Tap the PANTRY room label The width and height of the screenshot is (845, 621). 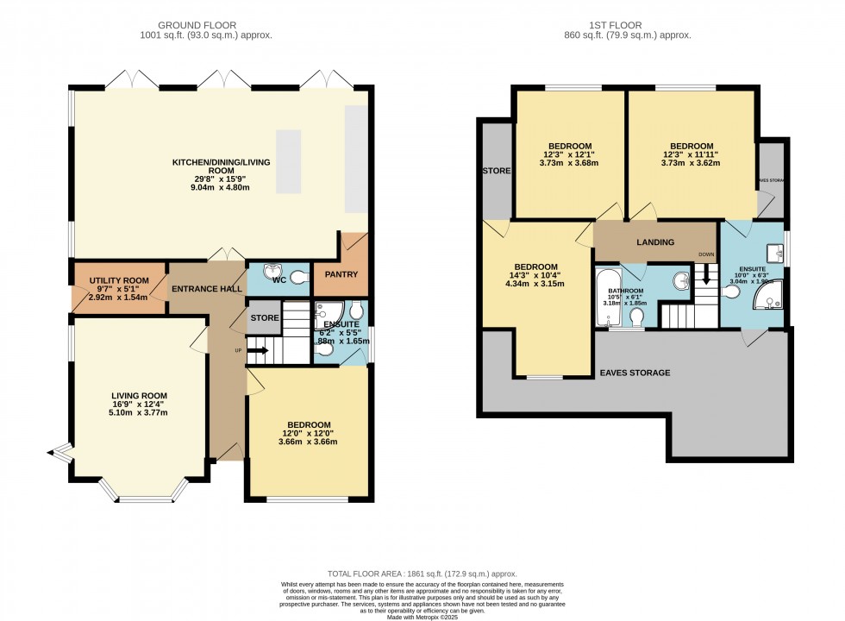coord(341,274)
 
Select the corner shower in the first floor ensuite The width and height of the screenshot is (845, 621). coord(767,298)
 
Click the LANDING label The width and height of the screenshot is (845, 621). coord(656,242)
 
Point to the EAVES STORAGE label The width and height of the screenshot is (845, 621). coord(634,373)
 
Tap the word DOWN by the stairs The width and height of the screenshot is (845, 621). coord(706,254)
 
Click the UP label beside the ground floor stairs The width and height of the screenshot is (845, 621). coord(238,350)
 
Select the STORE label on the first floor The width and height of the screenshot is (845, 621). coord(496,171)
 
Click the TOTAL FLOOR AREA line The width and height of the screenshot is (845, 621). coord(422,574)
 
